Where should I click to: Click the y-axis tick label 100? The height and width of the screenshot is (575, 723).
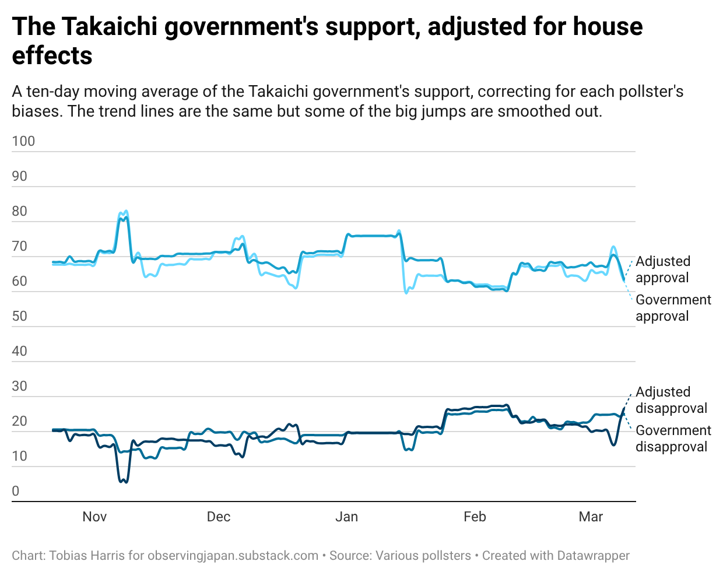tap(23, 141)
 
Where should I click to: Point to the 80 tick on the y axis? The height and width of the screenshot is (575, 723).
tap(20, 211)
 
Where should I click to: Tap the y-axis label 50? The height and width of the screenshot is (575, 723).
tap(20, 316)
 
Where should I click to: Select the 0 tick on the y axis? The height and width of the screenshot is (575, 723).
tap(16, 491)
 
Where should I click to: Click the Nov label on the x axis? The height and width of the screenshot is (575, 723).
tap(94, 517)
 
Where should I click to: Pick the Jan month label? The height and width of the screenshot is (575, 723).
tap(346, 517)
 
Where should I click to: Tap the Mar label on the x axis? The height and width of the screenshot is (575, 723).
tap(591, 517)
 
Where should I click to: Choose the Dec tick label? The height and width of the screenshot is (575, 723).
tap(219, 517)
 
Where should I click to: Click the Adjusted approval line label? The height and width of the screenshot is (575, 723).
tap(662, 269)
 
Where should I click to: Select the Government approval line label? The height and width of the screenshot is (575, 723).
tap(673, 308)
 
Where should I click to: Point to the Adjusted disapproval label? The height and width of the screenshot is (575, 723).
tap(671, 400)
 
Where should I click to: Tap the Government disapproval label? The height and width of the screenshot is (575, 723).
tap(673, 439)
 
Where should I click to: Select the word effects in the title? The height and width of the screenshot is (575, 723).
tap(52, 56)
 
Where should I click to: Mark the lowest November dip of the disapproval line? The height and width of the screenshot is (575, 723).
tap(124, 482)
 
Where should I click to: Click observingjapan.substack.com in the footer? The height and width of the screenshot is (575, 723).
tap(233, 556)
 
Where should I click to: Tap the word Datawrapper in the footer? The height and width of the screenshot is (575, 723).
tap(594, 556)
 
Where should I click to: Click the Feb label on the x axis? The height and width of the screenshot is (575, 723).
tap(475, 517)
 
